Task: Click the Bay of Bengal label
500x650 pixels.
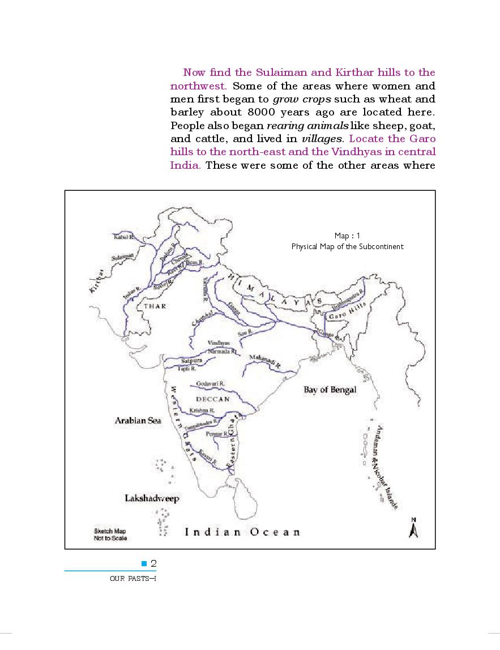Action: pos(330,390)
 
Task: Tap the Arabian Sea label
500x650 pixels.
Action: pos(138,420)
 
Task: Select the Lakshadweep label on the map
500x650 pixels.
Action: pos(151,498)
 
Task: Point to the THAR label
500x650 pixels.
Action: pos(155,306)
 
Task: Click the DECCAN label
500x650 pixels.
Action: pos(213,399)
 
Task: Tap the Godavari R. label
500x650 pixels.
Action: pos(210,383)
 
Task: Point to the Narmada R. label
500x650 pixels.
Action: pos(220,351)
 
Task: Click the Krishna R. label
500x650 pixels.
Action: pos(202,410)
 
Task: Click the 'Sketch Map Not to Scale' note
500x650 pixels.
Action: pos(110,534)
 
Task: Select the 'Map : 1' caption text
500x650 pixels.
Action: pos(347,236)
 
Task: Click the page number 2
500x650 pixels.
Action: pos(153,563)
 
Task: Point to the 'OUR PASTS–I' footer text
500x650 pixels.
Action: pos(133,579)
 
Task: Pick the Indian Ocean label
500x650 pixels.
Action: pos(243,532)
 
